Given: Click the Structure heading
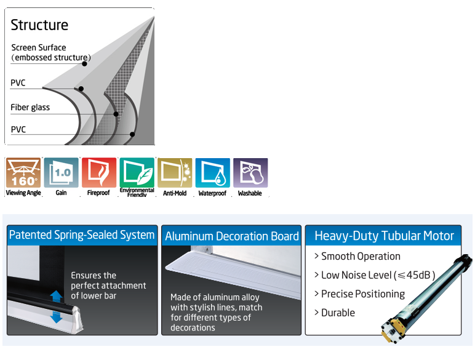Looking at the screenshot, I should click(x=39, y=25).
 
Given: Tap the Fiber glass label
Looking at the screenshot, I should click(x=30, y=107).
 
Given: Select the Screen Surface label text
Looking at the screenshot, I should click(x=38, y=47).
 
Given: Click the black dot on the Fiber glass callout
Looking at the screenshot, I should click(x=116, y=114).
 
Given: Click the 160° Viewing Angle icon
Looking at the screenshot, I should click(x=23, y=173).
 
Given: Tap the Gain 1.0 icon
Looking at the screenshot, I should click(x=62, y=173).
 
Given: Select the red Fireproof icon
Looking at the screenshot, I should click(x=99, y=173).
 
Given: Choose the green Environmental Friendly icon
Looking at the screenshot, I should click(x=137, y=173).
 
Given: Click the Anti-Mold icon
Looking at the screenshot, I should click(x=175, y=173).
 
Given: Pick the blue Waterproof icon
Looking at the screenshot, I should click(x=212, y=173).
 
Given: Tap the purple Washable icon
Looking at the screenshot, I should click(x=250, y=173).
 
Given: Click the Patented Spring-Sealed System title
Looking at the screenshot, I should click(x=82, y=234).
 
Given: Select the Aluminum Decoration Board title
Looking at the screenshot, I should click(x=231, y=236).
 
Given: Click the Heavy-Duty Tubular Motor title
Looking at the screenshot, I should click(x=384, y=236).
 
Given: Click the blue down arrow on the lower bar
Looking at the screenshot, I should click(x=56, y=316).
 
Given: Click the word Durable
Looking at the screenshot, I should click(x=338, y=313).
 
